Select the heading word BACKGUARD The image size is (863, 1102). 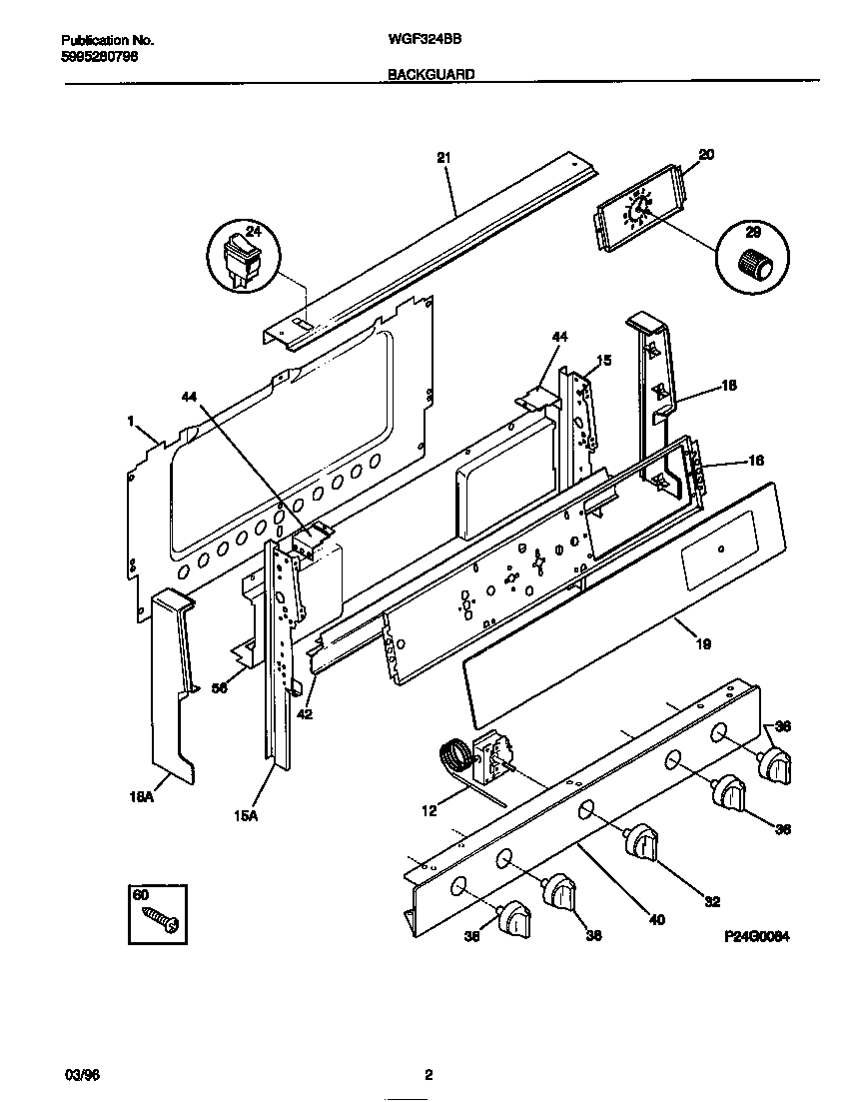(431, 74)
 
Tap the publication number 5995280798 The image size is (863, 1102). (100, 57)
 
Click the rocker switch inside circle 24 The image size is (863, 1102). (243, 257)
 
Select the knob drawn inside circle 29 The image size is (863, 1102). (756, 265)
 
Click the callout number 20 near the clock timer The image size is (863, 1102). (706, 154)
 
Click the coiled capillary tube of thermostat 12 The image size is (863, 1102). (454, 753)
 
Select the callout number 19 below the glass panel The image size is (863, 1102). (702, 644)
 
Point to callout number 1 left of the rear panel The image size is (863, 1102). (130, 423)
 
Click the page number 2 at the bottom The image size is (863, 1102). (429, 1075)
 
